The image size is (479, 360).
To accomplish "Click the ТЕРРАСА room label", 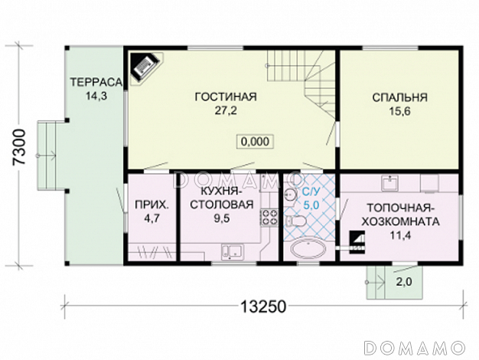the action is pyautogui.click(x=96, y=82).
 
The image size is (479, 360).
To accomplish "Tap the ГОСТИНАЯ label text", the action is pyautogui.click(x=226, y=97).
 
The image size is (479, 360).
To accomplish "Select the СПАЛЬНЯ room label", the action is pyautogui.click(x=399, y=97).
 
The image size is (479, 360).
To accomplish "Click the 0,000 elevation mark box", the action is pyautogui.click(x=256, y=142).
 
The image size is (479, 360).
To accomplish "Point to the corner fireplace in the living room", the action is pyautogui.click(x=145, y=68).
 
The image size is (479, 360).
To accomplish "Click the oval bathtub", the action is pyautogui.click(x=308, y=249).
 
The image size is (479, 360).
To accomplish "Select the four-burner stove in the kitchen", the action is pyautogui.click(x=269, y=217).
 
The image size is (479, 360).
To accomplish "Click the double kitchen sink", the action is pyautogui.click(x=232, y=251).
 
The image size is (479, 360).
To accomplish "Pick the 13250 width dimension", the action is pyautogui.click(x=263, y=306).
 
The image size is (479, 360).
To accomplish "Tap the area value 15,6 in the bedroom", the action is pyautogui.click(x=399, y=111).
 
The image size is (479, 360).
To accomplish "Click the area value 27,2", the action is pyautogui.click(x=226, y=111).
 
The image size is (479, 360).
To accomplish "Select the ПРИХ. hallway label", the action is pyautogui.click(x=152, y=205).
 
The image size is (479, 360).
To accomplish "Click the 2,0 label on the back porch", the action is pyautogui.click(x=404, y=282).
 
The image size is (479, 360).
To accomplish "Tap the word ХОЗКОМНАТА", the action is pyautogui.click(x=401, y=221).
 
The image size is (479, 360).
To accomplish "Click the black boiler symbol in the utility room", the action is pyautogui.click(x=357, y=242).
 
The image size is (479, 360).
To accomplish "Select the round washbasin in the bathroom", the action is pyautogui.click(x=289, y=194).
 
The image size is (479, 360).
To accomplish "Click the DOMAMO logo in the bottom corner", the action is pyautogui.click(x=415, y=348).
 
